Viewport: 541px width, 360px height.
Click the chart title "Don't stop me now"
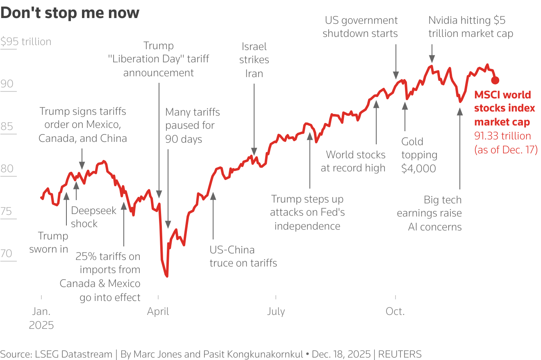[70, 13]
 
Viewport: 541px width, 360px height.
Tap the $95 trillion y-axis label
[26, 42]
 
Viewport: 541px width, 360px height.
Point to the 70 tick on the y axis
[7, 253]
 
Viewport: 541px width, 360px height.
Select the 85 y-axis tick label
[7, 126]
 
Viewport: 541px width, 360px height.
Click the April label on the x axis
[158, 312]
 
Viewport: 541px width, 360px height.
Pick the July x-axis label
[276, 312]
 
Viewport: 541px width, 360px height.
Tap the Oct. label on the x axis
[395, 312]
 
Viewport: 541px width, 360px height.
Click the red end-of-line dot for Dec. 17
[495, 80]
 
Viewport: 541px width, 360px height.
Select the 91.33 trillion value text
[502, 136]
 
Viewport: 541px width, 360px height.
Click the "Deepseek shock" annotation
[93, 217]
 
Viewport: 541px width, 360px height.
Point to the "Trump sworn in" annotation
[49, 242]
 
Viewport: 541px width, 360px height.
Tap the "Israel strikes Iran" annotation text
[254, 60]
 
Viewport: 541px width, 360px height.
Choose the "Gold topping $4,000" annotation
[419, 155]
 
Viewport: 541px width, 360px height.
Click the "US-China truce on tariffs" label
[243, 256]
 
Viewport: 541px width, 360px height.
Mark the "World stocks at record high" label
[353, 161]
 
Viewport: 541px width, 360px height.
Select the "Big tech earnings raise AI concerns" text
[429, 213]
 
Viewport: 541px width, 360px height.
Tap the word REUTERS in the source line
[400, 354]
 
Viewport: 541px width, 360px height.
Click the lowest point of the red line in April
[167, 276]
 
